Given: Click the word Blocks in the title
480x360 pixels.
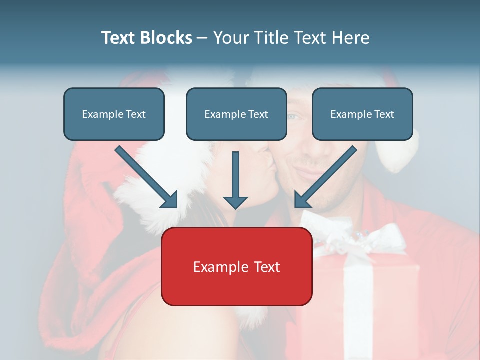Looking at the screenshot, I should click(x=167, y=38).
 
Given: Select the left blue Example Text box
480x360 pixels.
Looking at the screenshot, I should click(x=114, y=114).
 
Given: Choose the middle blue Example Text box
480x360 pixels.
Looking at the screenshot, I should click(x=236, y=114).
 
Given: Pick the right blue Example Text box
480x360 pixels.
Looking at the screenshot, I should click(x=362, y=114).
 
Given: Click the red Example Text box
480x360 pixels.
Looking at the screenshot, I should click(x=236, y=266).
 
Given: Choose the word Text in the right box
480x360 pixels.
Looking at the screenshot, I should click(x=384, y=114).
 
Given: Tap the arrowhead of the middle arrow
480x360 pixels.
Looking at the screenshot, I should click(x=235, y=202).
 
